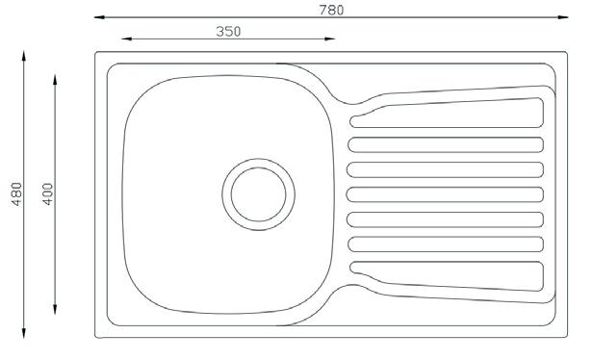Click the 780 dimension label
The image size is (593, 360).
tap(332, 11)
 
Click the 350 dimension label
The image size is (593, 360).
tap(228, 32)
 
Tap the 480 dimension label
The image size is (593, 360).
tap(17, 194)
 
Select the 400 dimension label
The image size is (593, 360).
tap(48, 194)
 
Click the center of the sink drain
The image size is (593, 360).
tap(258, 194)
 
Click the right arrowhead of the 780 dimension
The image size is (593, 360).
tap(563, 17)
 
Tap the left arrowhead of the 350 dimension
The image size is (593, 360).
tap(126, 39)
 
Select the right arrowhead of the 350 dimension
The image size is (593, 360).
tap(330, 39)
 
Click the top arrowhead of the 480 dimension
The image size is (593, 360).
tap(24, 56)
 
